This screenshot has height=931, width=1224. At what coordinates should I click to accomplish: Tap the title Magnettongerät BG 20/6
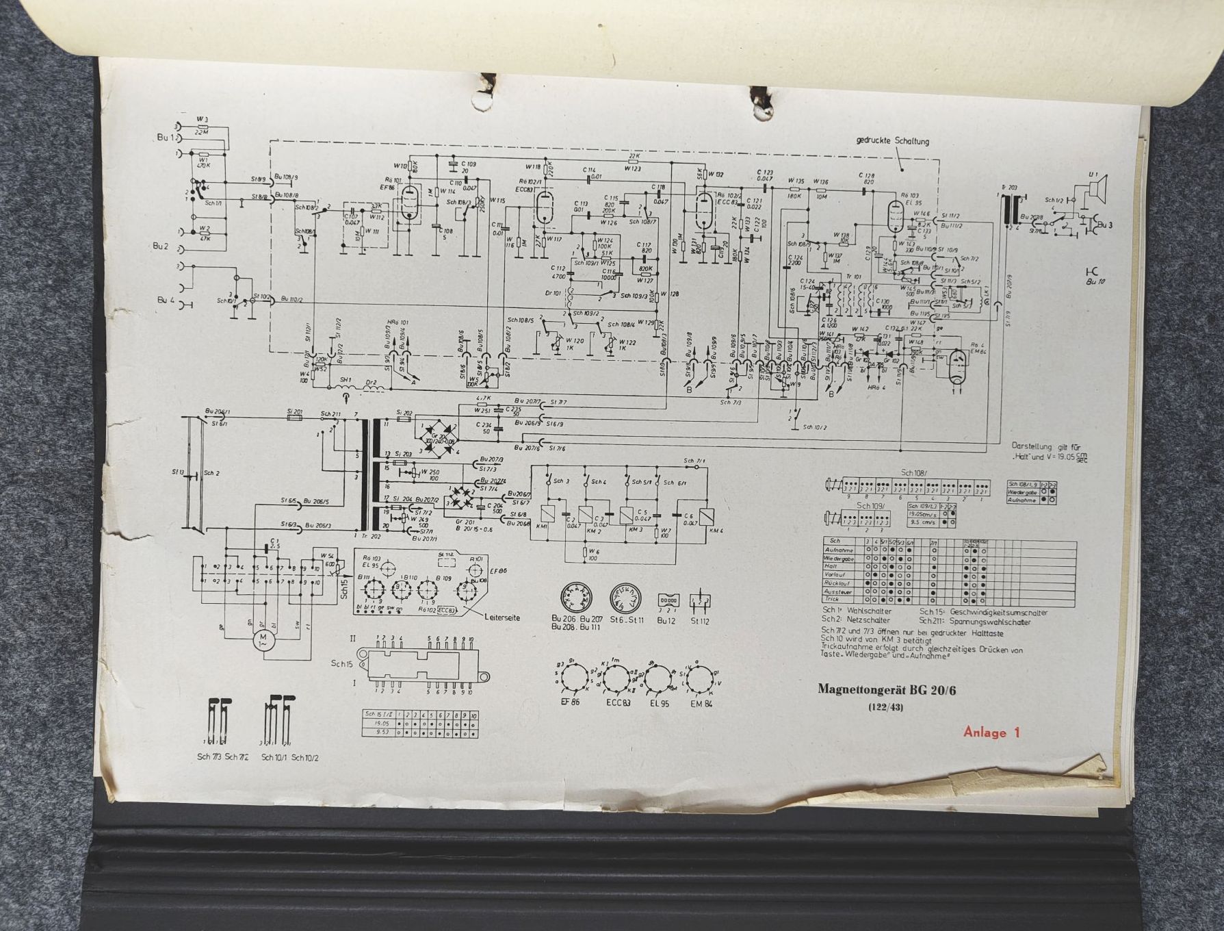[887, 689]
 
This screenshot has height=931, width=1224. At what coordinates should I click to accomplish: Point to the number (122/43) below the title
[886, 706]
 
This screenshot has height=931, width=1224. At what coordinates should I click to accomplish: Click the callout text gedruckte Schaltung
[892, 142]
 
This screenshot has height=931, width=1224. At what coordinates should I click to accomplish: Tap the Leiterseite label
[502, 617]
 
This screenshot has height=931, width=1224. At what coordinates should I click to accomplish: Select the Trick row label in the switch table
[833, 599]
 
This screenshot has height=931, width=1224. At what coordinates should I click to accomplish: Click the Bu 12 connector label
[666, 620]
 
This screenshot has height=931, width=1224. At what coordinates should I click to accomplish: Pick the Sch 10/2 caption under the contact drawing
[304, 758]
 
